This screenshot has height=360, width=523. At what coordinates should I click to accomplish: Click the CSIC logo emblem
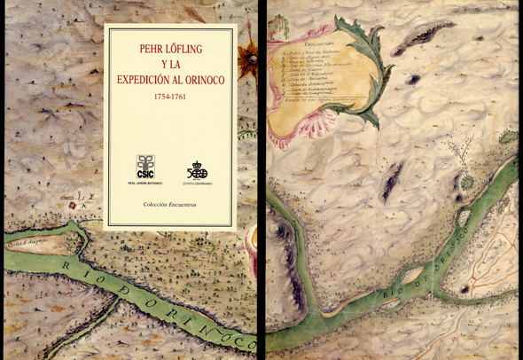(144, 165)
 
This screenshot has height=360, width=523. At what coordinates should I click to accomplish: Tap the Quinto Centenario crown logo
(197, 168)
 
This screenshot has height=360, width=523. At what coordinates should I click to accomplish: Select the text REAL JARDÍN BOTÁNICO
(144, 183)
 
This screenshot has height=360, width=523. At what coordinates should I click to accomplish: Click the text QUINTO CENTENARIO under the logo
(197, 183)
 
